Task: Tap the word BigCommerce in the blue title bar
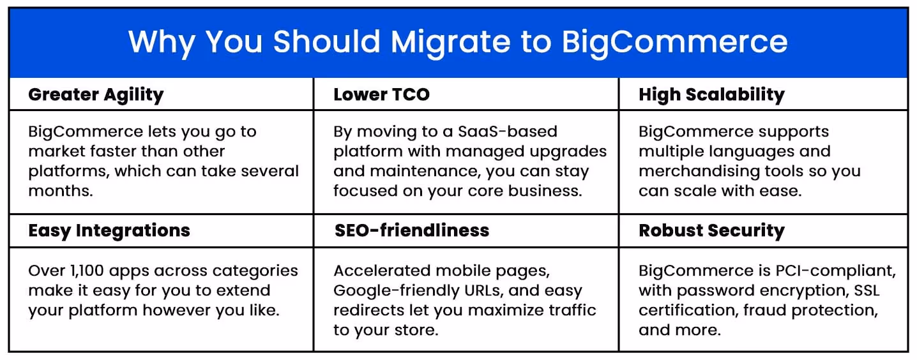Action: click(674, 41)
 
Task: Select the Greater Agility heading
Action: click(96, 95)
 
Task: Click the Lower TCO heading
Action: click(381, 95)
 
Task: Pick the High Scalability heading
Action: click(711, 95)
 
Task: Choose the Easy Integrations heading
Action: click(109, 230)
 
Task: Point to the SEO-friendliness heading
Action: click(412, 230)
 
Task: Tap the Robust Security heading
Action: click(711, 230)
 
